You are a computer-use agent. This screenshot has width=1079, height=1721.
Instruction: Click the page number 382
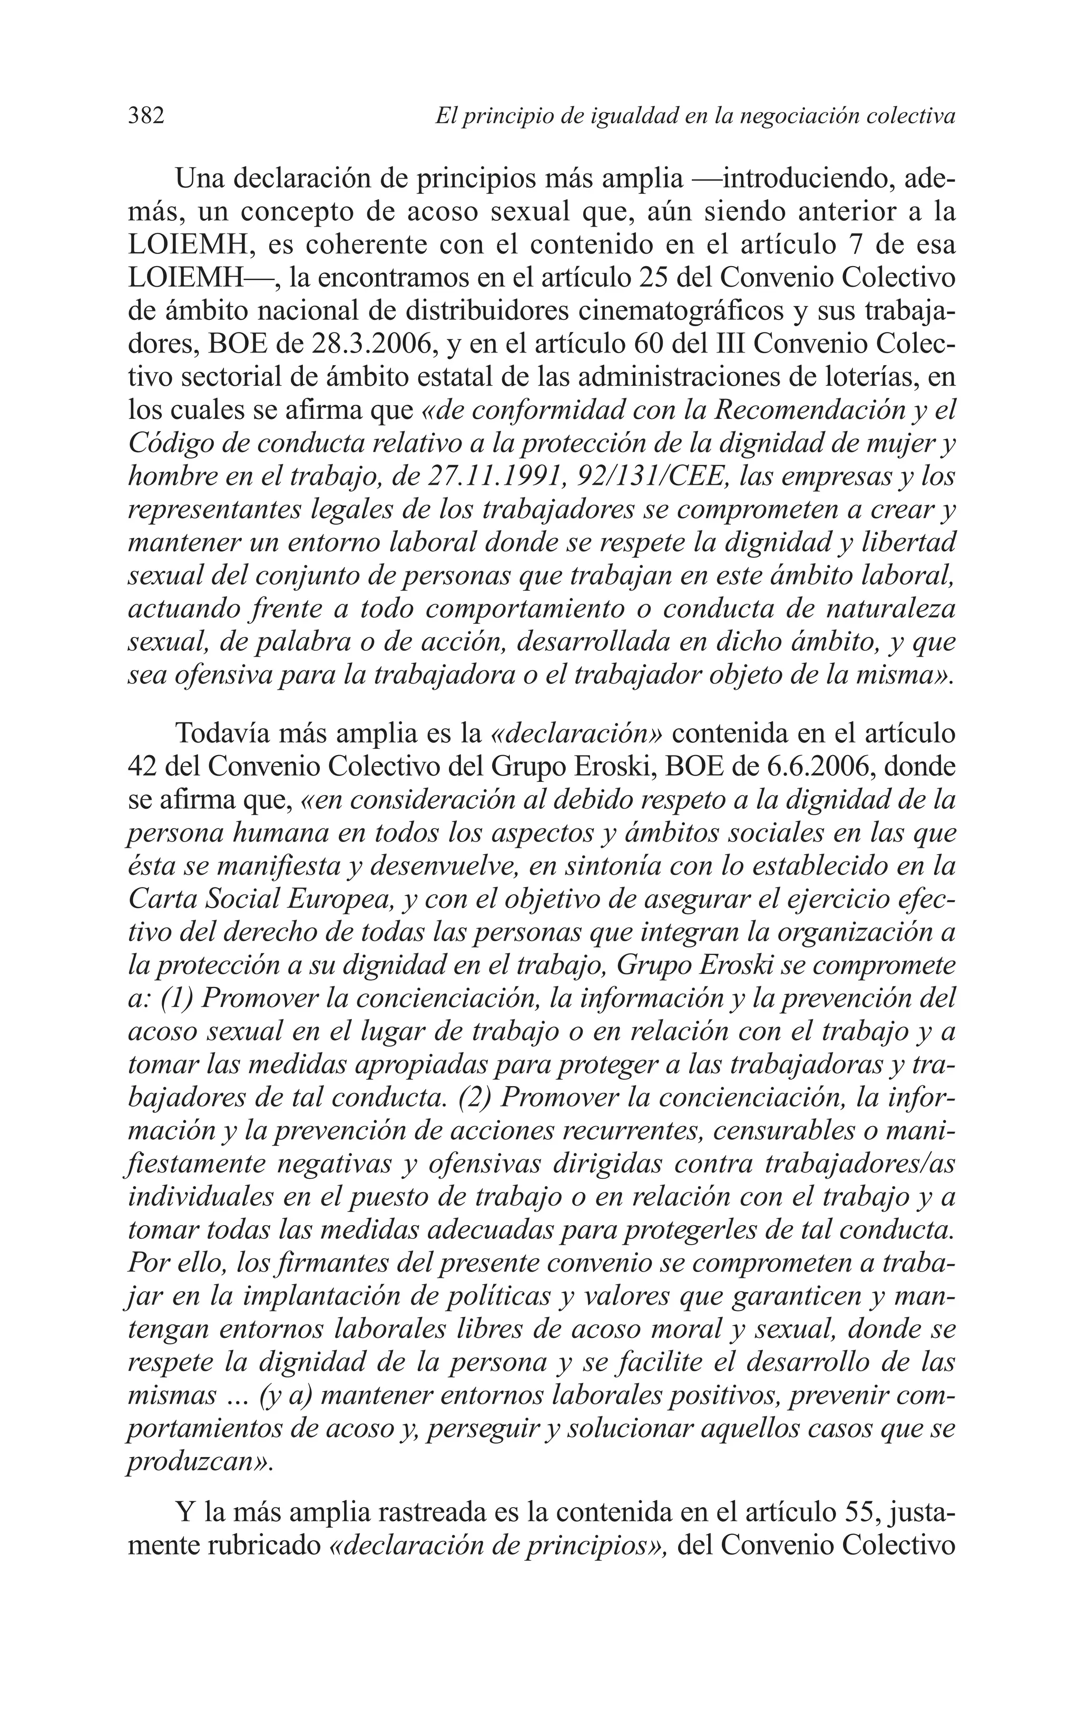coord(146,115)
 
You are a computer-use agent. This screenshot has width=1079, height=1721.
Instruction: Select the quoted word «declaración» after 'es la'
coord(578,733)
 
